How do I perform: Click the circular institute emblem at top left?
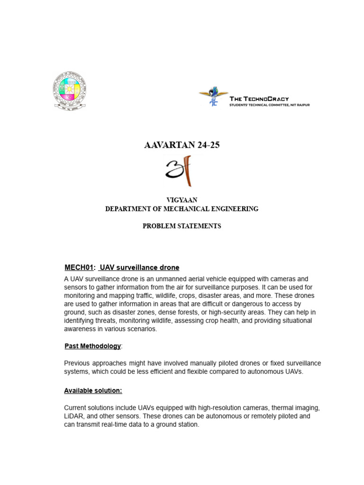click(x=69, y=90)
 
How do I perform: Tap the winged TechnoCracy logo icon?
click(x=213, y=96)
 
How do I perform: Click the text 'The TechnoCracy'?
click(x=259, y=99)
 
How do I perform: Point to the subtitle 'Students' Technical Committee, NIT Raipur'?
click(x=269, y=105)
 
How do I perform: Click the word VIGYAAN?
click(x=182, y=200)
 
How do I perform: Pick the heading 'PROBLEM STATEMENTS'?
click(x=182, y=226)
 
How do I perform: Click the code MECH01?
click(x=79, y=268)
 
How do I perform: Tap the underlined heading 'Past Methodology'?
click(x=92, y=346)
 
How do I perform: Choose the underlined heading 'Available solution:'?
click(x=93, y=391)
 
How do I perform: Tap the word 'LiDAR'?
click(x=74, y=416)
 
